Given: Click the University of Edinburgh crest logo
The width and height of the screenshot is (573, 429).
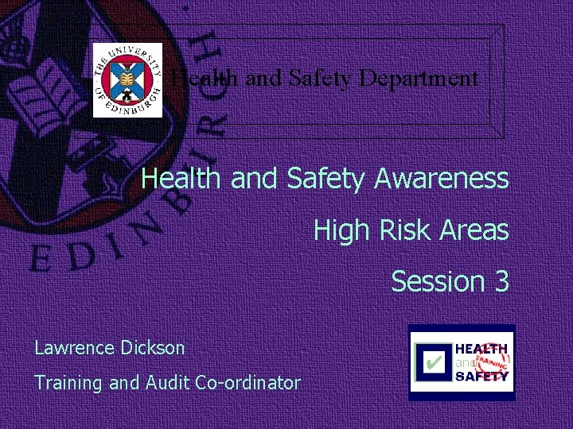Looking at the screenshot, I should (x=127, y=80).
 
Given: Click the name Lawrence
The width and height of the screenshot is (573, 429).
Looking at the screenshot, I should (x=76, y=348).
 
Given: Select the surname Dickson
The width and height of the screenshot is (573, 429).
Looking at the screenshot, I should (x=154, y=348).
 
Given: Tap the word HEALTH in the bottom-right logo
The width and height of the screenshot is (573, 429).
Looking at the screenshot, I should (x=481, y=349).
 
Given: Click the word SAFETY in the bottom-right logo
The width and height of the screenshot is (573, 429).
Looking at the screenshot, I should (x=481, y=377).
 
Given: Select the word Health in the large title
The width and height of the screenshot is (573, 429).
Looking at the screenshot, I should (x=182, y=179).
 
